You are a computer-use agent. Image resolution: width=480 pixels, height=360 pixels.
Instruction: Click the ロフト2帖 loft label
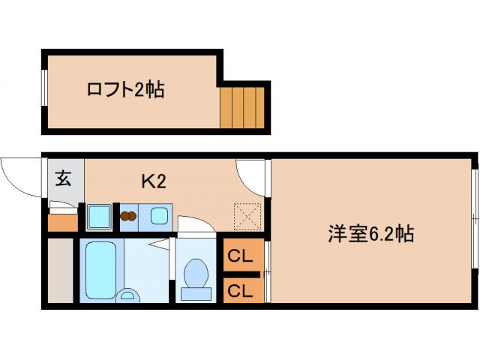point(125,91)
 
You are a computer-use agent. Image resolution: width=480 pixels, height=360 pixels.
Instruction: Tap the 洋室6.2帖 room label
point(370,233)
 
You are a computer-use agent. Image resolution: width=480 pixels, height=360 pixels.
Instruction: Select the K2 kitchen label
point(153,181)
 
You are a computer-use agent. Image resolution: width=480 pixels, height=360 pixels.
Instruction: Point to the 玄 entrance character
point(64,179)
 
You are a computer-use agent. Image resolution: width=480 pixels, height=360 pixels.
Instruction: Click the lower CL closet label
point(240,289)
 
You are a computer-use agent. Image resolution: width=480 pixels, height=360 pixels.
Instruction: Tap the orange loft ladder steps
point(244,107)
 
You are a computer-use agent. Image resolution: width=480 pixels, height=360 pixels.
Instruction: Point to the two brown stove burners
point(129,217)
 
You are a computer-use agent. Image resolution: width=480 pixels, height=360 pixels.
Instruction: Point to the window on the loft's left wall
point(45,90)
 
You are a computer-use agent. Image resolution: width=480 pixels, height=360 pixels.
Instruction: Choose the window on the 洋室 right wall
point(475,217)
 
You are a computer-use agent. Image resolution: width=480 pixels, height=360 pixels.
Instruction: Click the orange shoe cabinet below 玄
point(63,222)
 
